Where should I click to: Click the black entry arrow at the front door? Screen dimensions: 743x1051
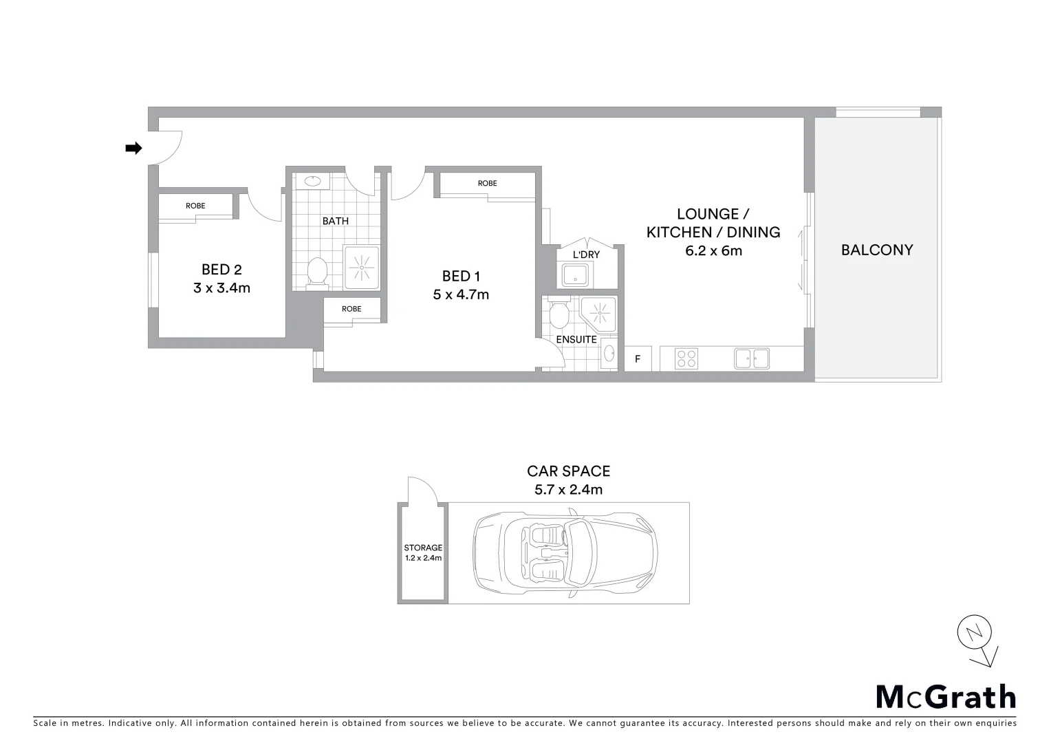point(133,148)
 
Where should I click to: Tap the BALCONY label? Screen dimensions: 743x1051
point(877,250)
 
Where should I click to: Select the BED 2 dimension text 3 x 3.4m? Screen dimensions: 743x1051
point(221,288)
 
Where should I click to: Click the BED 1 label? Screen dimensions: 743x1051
point(461,276)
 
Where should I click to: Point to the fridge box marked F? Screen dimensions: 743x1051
point(638,359)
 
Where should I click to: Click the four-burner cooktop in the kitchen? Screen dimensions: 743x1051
point(686,358)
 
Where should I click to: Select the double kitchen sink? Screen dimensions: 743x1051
point(751,358)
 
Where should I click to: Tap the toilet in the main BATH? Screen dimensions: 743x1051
point(316,270)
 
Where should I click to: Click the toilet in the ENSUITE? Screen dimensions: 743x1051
point(559,315)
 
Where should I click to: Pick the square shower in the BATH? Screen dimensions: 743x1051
point(361,267)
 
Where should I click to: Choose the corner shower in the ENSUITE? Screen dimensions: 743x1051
point(598,313)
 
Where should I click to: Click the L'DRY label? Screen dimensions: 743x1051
point(586,255)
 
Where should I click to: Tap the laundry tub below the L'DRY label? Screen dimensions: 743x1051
point(574,276)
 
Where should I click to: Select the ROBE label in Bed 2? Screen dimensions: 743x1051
point(195,206)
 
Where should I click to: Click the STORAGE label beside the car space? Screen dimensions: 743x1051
point(423,548)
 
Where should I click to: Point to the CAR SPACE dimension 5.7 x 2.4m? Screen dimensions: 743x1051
point(568,490)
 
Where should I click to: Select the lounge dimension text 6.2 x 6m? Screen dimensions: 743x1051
point(713,251)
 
